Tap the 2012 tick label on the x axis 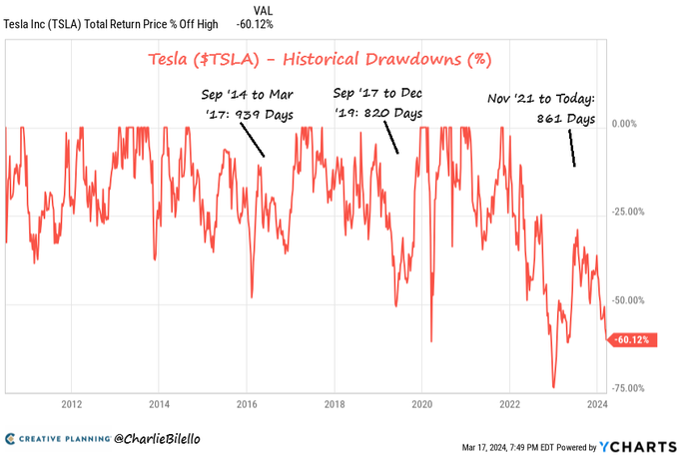(71, 404)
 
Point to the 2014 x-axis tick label (159, 404)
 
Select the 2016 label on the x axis (247, 404)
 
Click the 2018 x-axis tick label (335, 404)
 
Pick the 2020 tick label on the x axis (421, 404)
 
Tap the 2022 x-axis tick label (509, 404)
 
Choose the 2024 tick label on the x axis (596, 404)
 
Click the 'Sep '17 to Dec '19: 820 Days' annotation (377, 104)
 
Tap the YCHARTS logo (636, 445)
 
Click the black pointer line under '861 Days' (572, 151)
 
